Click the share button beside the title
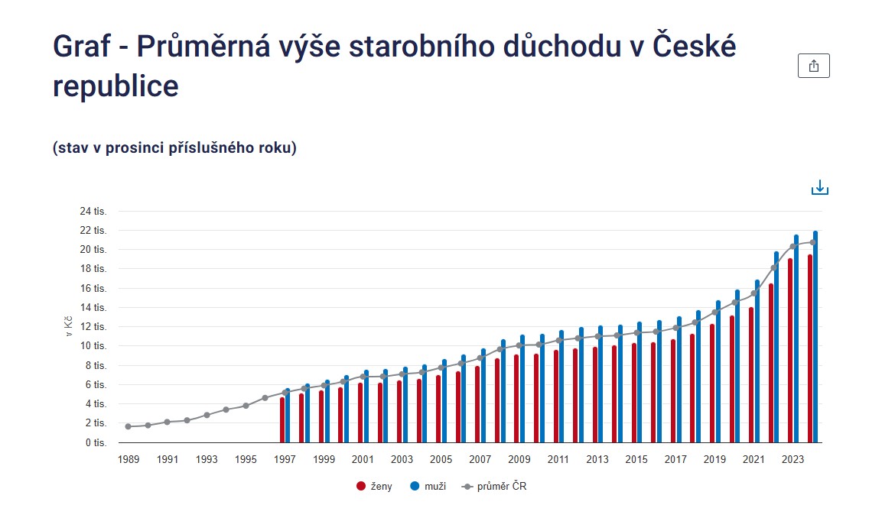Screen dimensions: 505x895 click(813, 66)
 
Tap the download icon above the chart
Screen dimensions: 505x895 click(820, 187)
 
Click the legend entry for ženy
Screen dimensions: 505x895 click(374, 487)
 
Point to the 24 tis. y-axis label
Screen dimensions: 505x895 click(95, 212)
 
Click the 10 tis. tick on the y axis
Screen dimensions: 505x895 click(95, 346)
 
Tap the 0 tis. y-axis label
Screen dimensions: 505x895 click(97, 442)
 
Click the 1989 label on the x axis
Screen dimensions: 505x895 click(129, 460)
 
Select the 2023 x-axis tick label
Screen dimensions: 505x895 click(792, 460)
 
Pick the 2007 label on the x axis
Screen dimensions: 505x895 click(480, 460)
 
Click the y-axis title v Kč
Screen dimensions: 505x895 click(70, 326)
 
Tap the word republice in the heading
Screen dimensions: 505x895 click(116, 86)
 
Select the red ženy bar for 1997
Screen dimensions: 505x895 click(282, 420)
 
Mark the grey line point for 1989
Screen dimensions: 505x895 click(128, 426)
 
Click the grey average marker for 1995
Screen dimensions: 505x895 click(246, 406)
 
